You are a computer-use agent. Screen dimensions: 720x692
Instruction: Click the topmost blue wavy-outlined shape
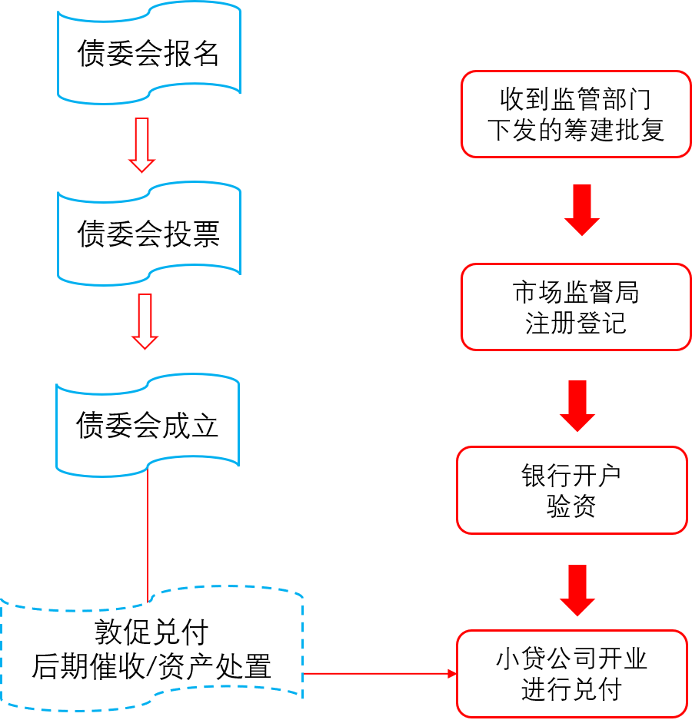click(149, 52)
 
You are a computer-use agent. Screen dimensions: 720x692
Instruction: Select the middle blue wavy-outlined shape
click(149, 232)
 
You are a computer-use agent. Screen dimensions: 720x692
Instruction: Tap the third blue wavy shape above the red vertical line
click(148, 424)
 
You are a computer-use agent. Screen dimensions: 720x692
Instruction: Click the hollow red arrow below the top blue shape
click(141, 145)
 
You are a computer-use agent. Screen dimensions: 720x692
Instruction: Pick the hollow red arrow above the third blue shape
click(144, 321)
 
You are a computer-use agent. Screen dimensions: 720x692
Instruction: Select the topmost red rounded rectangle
click(575, 114)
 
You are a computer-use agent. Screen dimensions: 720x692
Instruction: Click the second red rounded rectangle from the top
click(575, 307)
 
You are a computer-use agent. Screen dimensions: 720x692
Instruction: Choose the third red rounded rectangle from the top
click(572, 489)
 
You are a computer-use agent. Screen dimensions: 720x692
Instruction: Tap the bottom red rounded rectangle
click(572, 673)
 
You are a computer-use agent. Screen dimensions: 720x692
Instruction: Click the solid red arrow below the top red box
click(582, 210)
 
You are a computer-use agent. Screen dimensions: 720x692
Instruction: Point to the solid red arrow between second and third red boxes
click(577, 406)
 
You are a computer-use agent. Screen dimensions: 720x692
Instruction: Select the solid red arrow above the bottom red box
click(577, 590)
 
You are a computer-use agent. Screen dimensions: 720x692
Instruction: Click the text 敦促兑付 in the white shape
click(151, 633)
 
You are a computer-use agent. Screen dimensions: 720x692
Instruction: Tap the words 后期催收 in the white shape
click(88, 666)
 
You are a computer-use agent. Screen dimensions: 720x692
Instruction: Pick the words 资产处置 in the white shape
click(223, 666)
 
